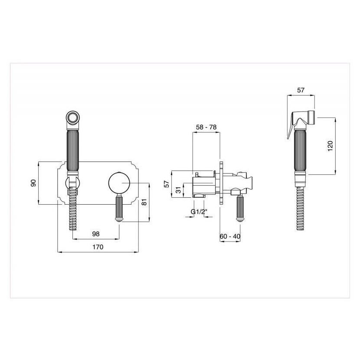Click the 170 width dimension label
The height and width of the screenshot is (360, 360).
[98, 247]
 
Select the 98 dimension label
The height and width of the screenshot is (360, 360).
[96, 234]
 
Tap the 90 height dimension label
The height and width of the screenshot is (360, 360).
[33, 183]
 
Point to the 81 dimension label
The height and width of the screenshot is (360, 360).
[144, 202]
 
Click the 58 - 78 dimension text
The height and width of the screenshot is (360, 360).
[206, 127]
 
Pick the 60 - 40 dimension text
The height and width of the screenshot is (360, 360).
[230, 236]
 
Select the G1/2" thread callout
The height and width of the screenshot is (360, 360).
[199, 212]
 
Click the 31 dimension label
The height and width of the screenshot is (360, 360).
[178, 190]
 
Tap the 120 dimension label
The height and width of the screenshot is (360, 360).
[330, 146]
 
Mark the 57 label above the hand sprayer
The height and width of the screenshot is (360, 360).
[301, 90]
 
